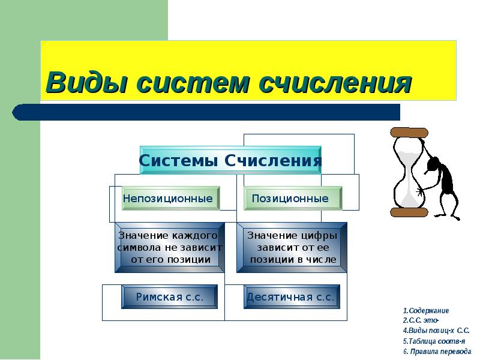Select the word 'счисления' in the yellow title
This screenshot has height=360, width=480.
pyautogui.click(x=335, y=82)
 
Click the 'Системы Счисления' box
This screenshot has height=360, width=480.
pyautogui.click(x=230, y=160)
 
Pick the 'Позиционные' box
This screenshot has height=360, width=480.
pyautogui.click(x=293, y=198)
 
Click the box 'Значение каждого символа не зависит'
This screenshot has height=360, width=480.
pyautogui.click(x=170, y=248)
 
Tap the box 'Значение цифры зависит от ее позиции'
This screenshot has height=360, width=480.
pyautogui.click(x=292, y=248)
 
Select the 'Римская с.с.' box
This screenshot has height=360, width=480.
pyautogui.click(x=170, y=296)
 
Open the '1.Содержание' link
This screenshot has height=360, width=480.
pyautogui.click(x=426, y=311)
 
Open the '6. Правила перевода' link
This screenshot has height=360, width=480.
pyautogui.click(x=437, y=351)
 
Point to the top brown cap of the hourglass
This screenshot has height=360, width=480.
pyautogui.click(x=409, y=132)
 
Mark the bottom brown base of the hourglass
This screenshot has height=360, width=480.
pyautogui.click(x=409, y=212)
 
